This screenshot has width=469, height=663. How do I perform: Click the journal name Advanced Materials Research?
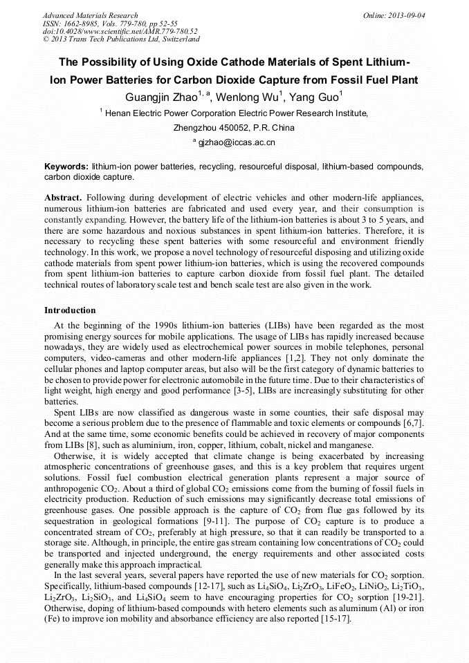(x=90, y=15)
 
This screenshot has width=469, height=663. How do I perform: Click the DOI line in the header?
(x=120, y=31)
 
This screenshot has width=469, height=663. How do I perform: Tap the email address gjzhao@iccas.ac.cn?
(x=237, y=142)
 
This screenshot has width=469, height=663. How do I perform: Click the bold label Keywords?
(x=66, y=167)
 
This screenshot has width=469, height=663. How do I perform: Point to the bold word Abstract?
(x=64, y=198)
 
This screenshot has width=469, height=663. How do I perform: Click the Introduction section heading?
(x=70, y=310)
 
